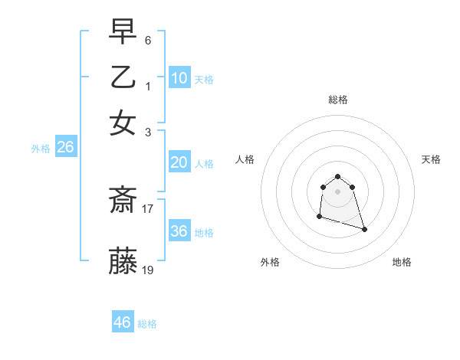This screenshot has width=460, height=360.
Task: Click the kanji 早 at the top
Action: tap(123, 32)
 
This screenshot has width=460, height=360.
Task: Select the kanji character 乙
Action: tap(123, 77)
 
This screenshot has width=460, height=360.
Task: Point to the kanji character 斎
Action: tap(123, 201)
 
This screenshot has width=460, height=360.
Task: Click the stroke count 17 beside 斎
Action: tap(148, 208)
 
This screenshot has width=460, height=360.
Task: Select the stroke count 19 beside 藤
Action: tap(148, 270)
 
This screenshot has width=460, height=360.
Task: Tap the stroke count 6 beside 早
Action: tap(147, 40)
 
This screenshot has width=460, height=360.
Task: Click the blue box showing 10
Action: tap(179, 78)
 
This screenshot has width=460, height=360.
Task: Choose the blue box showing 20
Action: tap(179, 162)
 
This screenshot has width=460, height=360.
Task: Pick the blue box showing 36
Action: tap(179, 231)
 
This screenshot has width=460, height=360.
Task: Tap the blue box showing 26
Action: tap(65, 148)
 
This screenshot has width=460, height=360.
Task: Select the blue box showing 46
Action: tap(123, 322)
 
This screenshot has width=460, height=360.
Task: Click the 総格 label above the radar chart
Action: tap(337, 100)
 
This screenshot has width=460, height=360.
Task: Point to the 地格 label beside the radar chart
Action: tap(402, 262)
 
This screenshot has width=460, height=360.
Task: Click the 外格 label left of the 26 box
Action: tap(40, 149)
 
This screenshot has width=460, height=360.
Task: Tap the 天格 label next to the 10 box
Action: tap(204, 79)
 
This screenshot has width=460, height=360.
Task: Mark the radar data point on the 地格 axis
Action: tap(364, 229)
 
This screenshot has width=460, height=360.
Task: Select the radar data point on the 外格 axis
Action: tap(319, 217)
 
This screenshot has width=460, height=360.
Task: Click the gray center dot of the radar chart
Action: tap(337, 191)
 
